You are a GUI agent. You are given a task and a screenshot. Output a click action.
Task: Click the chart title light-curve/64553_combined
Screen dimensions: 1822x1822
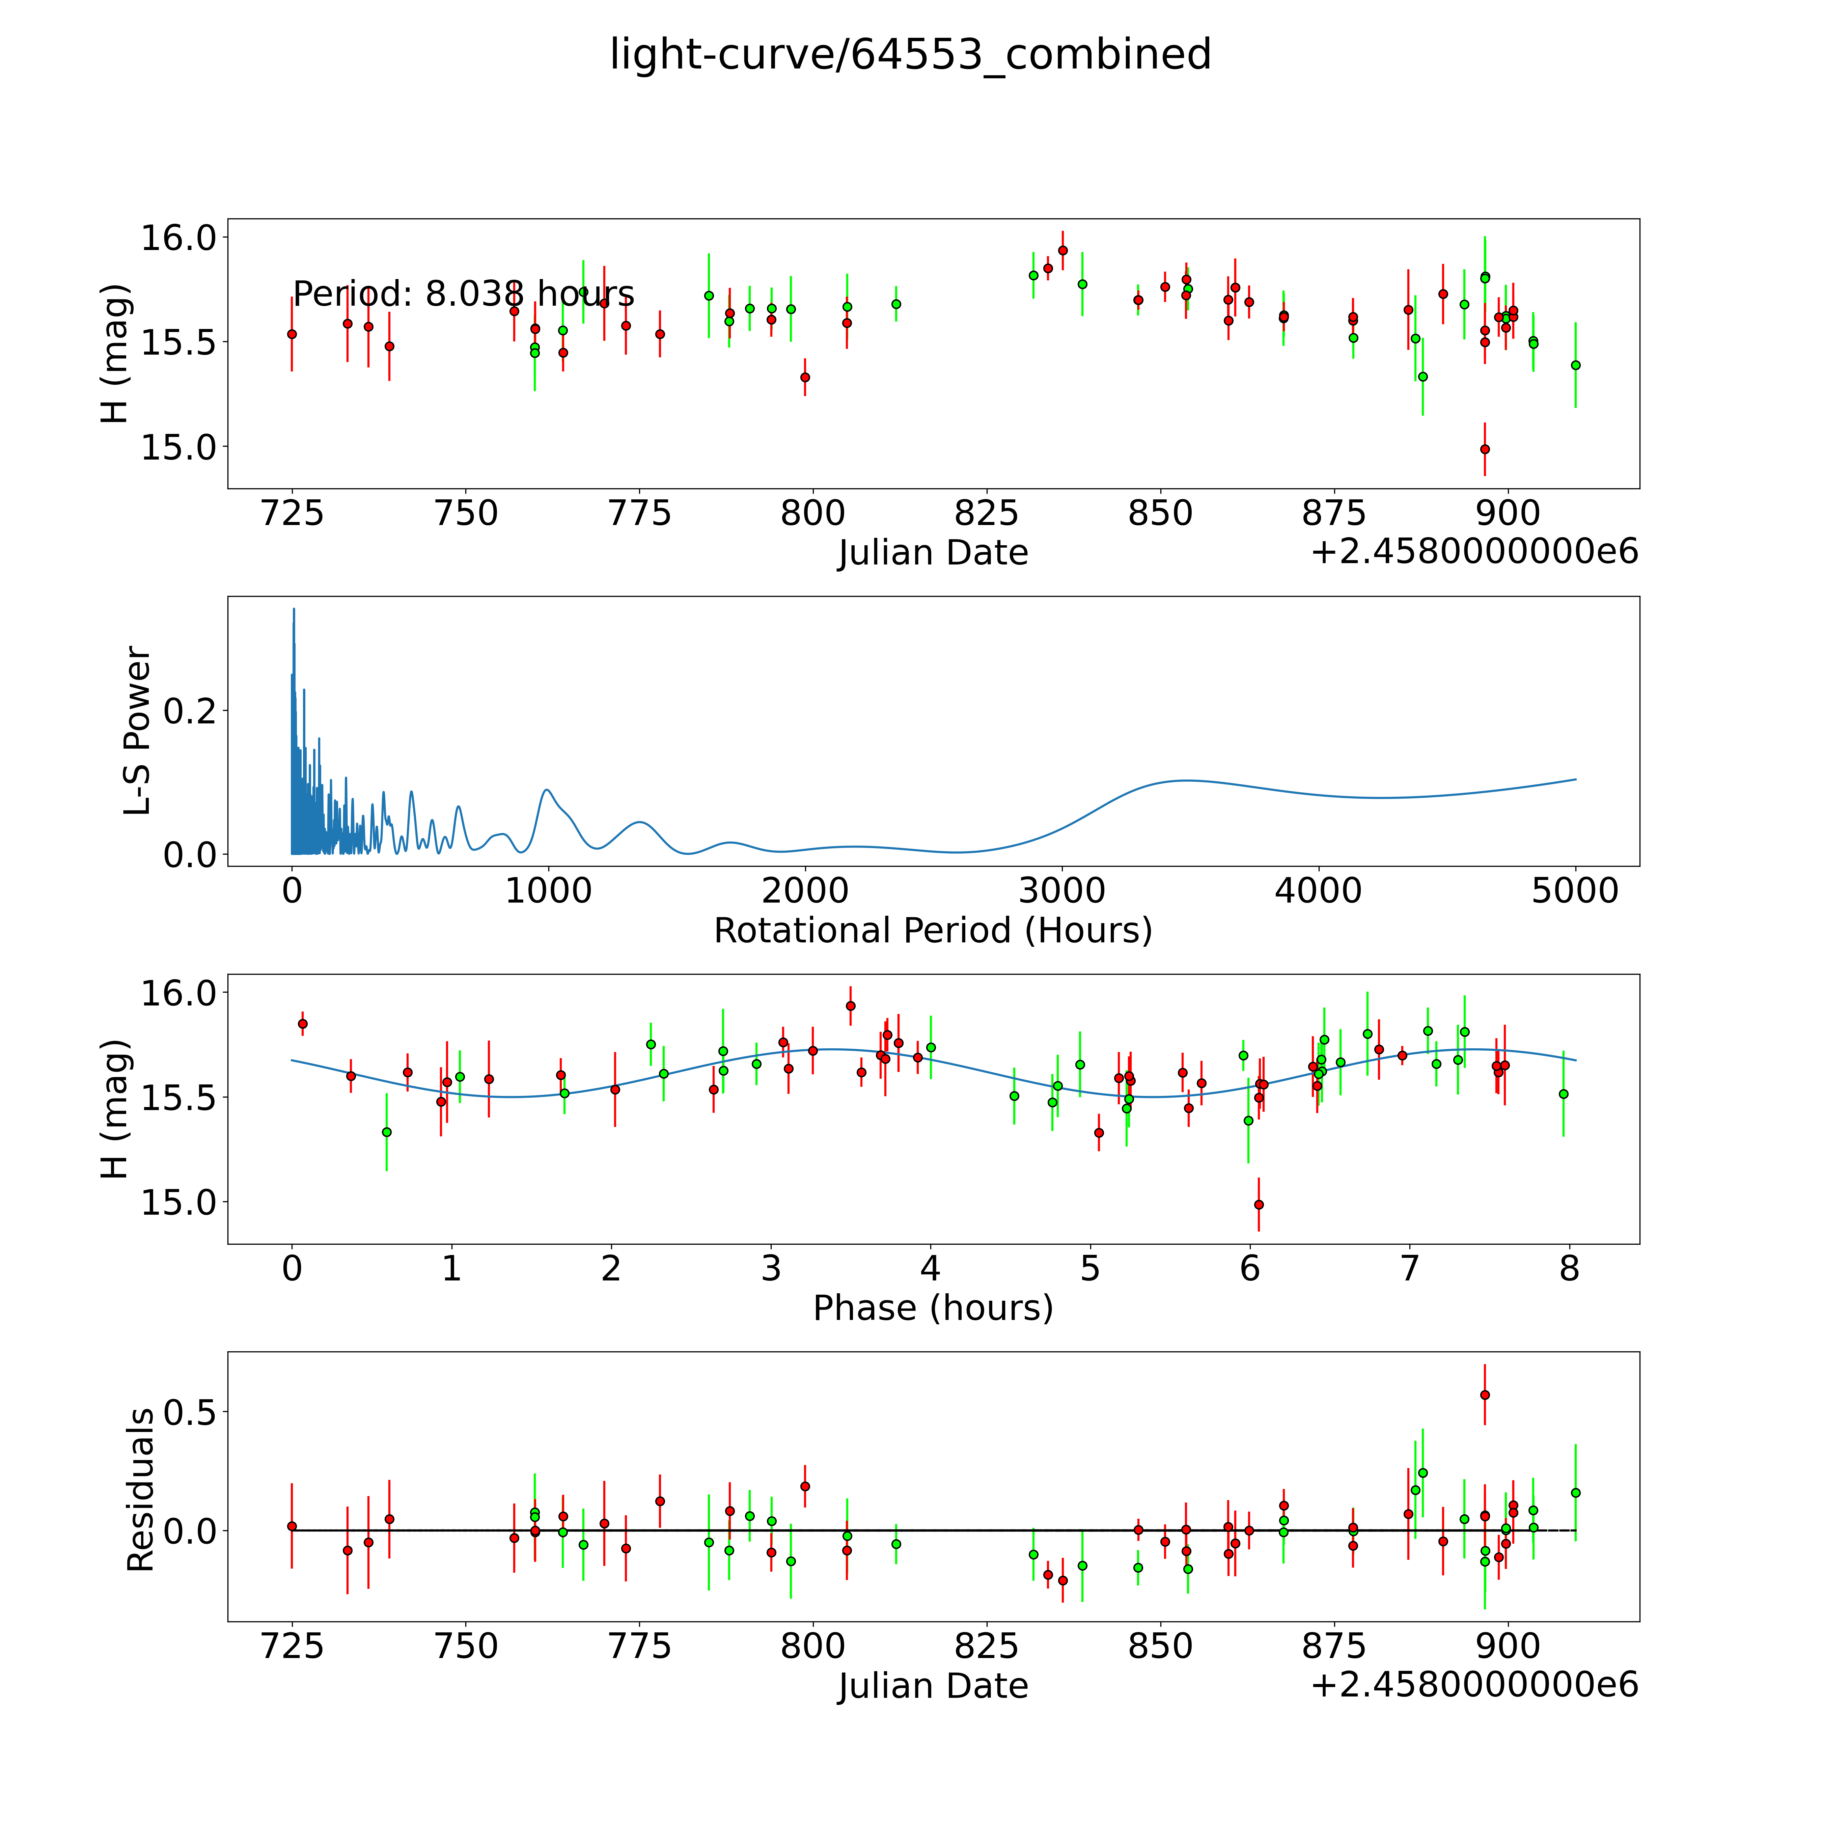[x=910, y=55]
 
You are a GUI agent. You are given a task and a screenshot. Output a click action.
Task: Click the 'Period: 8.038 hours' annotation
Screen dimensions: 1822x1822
[x=463, y=294]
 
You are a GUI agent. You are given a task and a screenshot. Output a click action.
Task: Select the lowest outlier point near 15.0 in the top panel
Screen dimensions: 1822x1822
[x=1484, y=449]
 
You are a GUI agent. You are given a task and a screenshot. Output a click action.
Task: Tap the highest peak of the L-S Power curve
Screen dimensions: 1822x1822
[x=293, y=609]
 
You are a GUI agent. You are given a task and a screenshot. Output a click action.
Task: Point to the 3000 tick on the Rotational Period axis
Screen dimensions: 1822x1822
[x=1062, y=890]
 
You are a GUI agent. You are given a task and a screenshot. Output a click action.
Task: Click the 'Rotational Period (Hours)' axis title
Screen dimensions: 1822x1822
[x=933, y=931]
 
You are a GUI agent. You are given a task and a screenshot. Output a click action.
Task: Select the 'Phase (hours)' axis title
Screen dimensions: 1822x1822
[x=933, y=1308]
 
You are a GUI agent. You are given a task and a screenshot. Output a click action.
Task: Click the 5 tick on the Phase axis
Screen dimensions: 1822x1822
[x=1090, y=1268]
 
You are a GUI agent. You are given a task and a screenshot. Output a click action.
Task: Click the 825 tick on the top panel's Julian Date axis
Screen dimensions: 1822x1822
[x=987, y=513]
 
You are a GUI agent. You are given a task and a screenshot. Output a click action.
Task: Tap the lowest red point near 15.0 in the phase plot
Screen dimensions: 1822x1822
[x=1258, y=1204]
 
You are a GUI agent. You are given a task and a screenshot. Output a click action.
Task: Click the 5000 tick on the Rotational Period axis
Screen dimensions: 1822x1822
[x=1575, y=890]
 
